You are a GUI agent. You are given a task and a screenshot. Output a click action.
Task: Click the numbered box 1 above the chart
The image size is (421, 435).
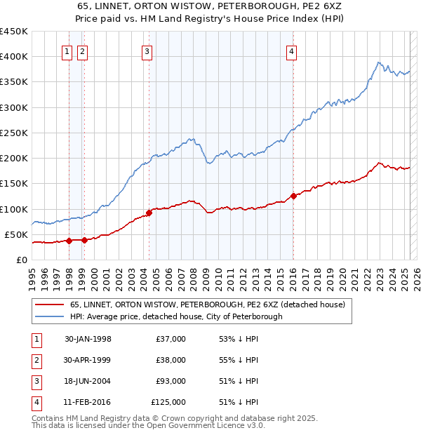[x=67, y=51]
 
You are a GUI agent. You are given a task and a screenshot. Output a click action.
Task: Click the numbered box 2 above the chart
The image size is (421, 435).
[x=82, y=51]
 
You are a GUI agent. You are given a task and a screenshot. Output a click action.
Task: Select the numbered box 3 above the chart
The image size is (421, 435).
[x=147, y=51]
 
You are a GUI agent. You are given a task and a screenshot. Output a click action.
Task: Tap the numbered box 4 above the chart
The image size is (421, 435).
[x=290, y=51]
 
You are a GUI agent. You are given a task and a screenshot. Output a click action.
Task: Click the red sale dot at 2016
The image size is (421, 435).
[x=293, y=196]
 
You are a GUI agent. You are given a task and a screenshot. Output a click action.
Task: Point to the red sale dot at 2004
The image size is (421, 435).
[x=149, y=213]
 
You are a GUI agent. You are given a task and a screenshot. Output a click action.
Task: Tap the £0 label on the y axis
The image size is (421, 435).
[x=22, y=260]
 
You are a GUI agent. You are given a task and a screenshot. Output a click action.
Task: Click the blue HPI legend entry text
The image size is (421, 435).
[x=175, y=316]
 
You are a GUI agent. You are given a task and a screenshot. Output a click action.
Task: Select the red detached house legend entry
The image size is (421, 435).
[x=207, y=305]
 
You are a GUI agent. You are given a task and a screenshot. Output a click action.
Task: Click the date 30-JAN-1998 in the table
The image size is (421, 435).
[x=88, y=339]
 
